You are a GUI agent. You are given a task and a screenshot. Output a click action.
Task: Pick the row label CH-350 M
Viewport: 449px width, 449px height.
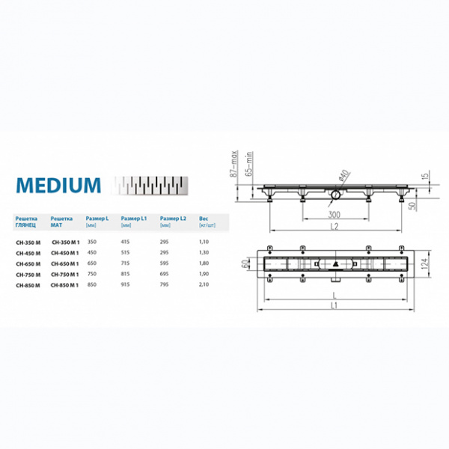[28, 242]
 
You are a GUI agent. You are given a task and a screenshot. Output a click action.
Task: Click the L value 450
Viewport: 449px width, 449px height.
[92, 253]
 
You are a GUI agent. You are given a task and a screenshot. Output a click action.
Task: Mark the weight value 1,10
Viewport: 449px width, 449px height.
[204, 242]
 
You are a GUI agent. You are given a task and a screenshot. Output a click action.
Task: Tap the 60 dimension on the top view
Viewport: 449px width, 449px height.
[244, 264]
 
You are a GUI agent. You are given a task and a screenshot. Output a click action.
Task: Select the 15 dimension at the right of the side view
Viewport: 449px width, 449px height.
[425, 177]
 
